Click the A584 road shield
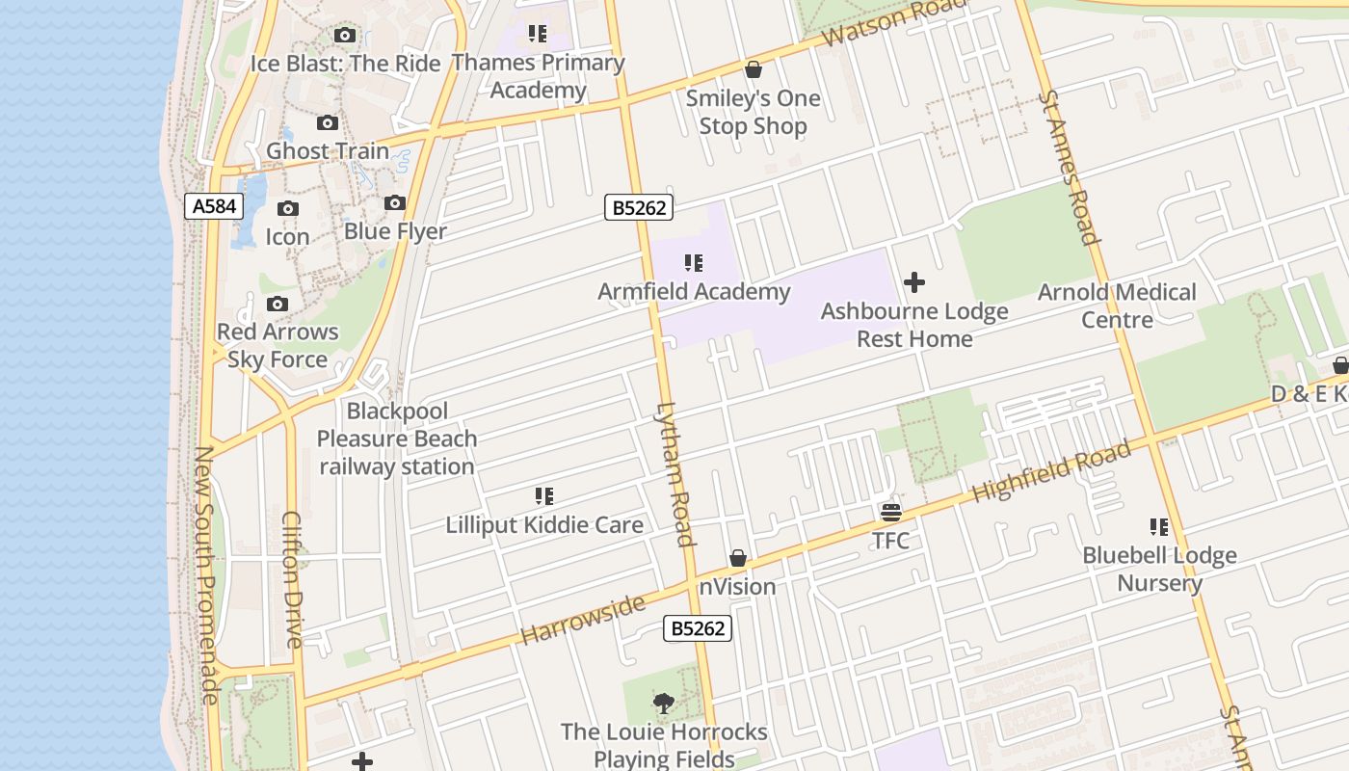click(214, 206)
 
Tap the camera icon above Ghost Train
click(328, 123)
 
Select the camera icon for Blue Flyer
click(395, 203)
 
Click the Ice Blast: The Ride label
click(345, 64)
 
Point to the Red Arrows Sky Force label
click(278, 345)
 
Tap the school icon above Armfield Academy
click(694, 263)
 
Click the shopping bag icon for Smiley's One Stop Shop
click(754, 70)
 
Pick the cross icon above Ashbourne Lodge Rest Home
click(914, 282)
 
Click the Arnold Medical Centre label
click(1117, 306)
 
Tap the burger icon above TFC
click(890, 512)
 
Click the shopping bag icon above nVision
click(738, 559)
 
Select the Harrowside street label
click(582, 620)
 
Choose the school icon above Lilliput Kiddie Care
click(544, 497)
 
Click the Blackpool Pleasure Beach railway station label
click(397, 439)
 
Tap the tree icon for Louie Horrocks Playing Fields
click(664, 704)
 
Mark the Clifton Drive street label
click(293, 578)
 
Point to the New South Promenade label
click(205, 574)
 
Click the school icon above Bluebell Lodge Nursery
click(1159, 527)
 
